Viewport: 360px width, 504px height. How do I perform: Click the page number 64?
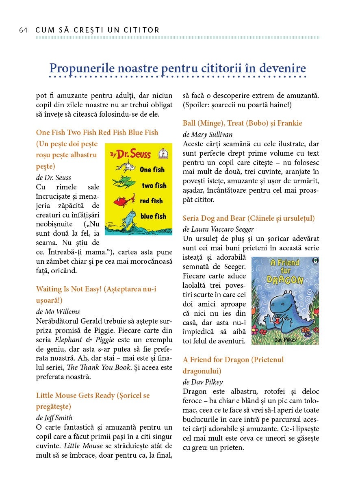click(23, 30)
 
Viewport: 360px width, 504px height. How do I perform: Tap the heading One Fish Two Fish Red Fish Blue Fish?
click(97, 133)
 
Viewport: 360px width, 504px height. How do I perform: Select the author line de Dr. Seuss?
click(54, 178)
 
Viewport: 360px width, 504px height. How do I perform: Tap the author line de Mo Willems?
click(58, 312)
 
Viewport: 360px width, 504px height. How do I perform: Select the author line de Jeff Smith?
click(54, 417)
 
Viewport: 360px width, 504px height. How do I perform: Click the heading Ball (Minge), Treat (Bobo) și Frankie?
click(243, 123)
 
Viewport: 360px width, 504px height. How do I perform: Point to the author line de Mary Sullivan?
click(208, 135)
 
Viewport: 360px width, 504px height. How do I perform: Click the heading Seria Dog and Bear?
click(249, 218)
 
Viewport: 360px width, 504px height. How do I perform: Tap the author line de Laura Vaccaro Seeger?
click(218, 229)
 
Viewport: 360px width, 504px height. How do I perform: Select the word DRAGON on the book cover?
click(285, 280)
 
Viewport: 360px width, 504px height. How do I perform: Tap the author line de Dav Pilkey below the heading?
click(203, 382)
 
